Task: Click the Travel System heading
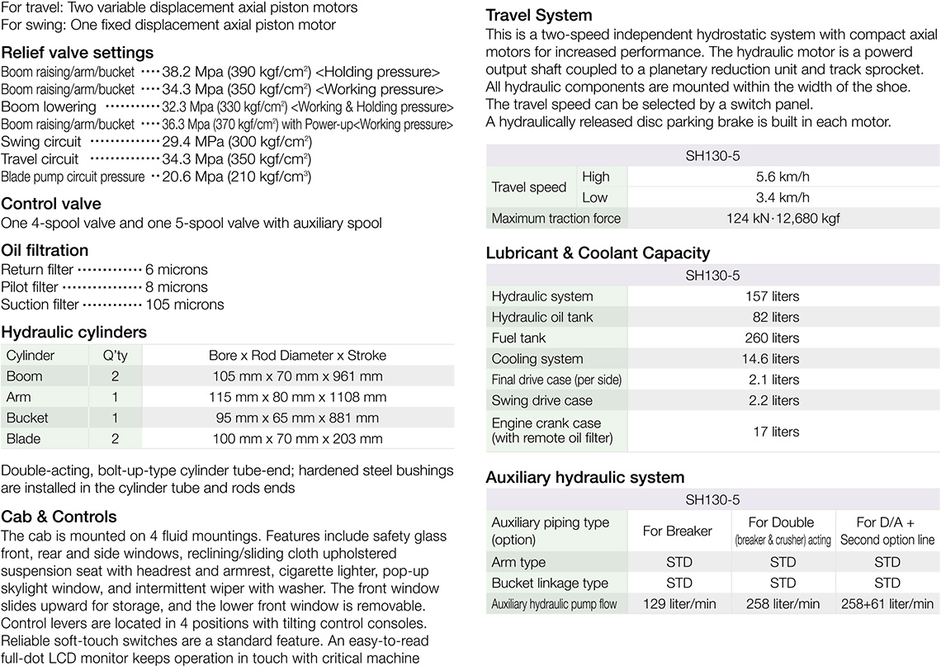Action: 539,16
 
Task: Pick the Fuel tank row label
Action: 519,338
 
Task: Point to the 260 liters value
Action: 773,338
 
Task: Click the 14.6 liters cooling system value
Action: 773,359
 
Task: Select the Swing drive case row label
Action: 542,401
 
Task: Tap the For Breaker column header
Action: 677,531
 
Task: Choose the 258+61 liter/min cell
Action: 887,604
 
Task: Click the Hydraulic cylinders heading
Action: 74,333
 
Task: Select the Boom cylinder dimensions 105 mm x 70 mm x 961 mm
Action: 298,376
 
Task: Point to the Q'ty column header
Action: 116,356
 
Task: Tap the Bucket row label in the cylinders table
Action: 27,418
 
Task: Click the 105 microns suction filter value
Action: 185,305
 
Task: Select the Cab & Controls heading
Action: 59,517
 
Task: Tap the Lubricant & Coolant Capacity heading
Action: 598,253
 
